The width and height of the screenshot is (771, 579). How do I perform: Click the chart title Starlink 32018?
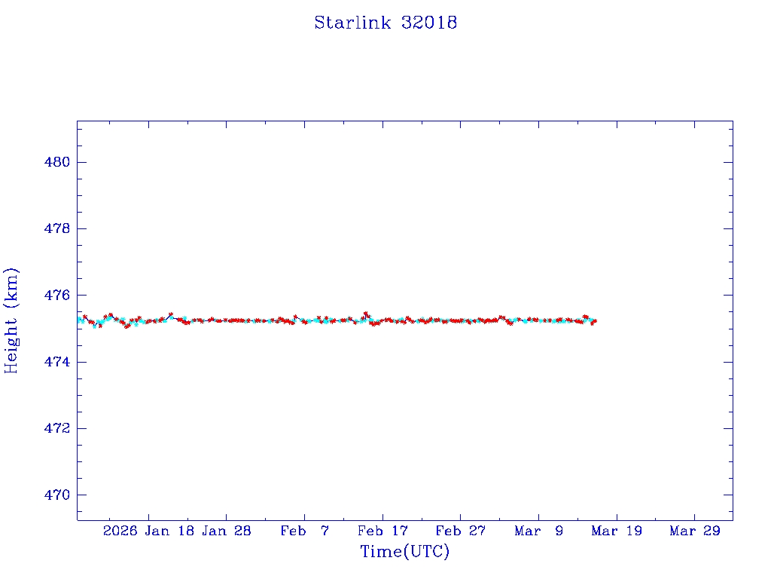385,23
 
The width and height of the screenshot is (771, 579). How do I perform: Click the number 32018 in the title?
429,23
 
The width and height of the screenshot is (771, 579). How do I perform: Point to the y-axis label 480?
57,162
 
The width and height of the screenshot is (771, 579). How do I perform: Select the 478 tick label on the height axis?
57,228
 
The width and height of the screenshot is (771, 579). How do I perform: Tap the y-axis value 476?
57,295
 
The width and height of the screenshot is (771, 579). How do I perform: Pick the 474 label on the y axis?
57,362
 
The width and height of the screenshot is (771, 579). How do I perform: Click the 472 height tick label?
57,428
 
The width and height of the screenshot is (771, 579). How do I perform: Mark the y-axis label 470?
57,495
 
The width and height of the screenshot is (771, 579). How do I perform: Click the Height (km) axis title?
11,320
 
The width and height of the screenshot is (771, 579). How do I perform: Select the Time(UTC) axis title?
405,552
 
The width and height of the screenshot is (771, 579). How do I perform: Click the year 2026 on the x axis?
120,531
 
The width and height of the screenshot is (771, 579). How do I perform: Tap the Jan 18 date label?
169,531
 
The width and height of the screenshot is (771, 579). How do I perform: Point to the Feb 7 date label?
304,531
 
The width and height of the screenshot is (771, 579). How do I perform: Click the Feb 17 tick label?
382,531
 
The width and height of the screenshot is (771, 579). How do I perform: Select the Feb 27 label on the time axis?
461,531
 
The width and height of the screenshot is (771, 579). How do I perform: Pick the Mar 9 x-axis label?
538,531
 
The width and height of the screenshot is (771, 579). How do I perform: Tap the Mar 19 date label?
617,531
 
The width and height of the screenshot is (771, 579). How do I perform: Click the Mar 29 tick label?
695,531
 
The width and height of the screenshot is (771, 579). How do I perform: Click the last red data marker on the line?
595,321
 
